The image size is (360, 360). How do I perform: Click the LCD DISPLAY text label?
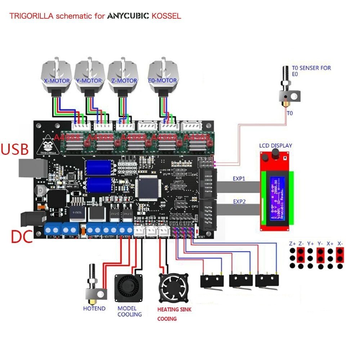[x=276, y=146]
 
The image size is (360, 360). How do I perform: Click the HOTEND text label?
[x=94, y=309]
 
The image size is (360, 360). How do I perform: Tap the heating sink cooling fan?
[x=174, y=288]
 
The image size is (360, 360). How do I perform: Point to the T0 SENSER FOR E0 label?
[x=311, y=70]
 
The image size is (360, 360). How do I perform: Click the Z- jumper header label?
[x=301, y=243]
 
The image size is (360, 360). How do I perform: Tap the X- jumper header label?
[x=340, y=243]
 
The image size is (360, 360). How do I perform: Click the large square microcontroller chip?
[x=148, y=188]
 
